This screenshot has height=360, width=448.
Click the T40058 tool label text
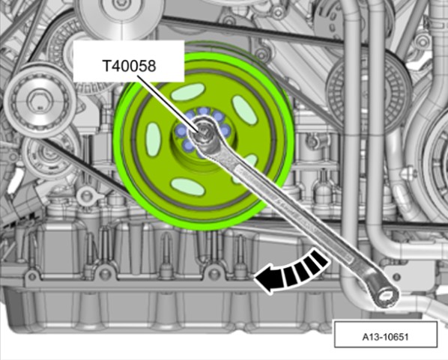[x=129, y=66]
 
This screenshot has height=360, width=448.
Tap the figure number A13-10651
[x=385, y=337]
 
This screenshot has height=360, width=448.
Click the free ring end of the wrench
[x=387, y=297]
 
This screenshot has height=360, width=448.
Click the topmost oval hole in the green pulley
[x=188, y=92]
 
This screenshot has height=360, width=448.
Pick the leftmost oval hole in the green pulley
[x=154, y=135]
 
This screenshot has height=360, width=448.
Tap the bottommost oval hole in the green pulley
[x=187, y=186]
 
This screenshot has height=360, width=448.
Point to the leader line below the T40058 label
[x=168, y=103]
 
